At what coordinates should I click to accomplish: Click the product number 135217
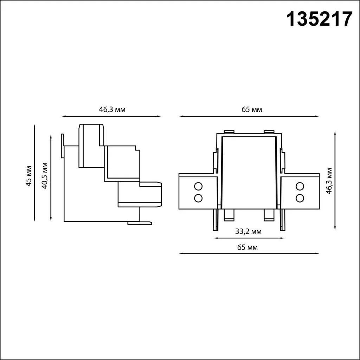(319, 19)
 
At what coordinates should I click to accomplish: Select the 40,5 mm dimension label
(45, 176)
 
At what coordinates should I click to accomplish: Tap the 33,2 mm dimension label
(248, 231)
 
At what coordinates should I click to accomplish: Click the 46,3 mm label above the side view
(112, 109)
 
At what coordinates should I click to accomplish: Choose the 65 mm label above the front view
(252, 109)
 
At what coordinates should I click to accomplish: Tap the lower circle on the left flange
(198, 198)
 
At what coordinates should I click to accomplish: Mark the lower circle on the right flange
(300, 198)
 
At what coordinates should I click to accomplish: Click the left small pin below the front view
(229, 214)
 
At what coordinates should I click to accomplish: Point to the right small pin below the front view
(269, 214)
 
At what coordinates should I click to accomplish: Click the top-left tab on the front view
(229, 132)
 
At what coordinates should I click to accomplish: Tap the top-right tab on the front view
(269, 132)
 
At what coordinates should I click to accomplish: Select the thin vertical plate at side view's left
(62, 146)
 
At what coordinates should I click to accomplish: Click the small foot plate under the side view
(140, 223)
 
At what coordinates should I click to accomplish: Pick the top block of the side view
(91, 145)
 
